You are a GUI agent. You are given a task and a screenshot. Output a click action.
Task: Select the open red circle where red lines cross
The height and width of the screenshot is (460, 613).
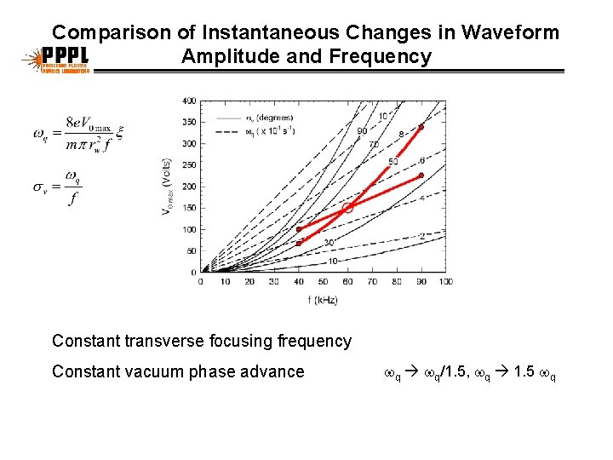click(347, 207)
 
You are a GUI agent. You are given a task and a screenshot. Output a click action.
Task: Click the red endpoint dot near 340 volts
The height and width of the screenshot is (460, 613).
click(421, 127)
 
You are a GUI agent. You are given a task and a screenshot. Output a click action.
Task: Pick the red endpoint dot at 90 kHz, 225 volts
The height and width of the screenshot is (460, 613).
click(421, 175)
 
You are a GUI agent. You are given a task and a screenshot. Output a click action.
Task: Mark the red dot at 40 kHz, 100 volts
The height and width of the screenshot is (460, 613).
click(299, 229)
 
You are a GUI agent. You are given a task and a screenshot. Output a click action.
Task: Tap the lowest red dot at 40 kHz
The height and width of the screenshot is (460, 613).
click(299, 243)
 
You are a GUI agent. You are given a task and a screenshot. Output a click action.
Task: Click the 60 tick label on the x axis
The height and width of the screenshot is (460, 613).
click(347, 282)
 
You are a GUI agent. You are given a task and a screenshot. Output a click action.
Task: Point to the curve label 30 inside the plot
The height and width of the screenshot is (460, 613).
click(329, 243)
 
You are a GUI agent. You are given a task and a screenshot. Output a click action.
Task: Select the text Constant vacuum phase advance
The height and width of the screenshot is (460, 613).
click(178, 371)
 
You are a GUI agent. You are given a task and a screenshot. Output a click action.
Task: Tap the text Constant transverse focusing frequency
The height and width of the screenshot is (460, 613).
click(202, 342)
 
